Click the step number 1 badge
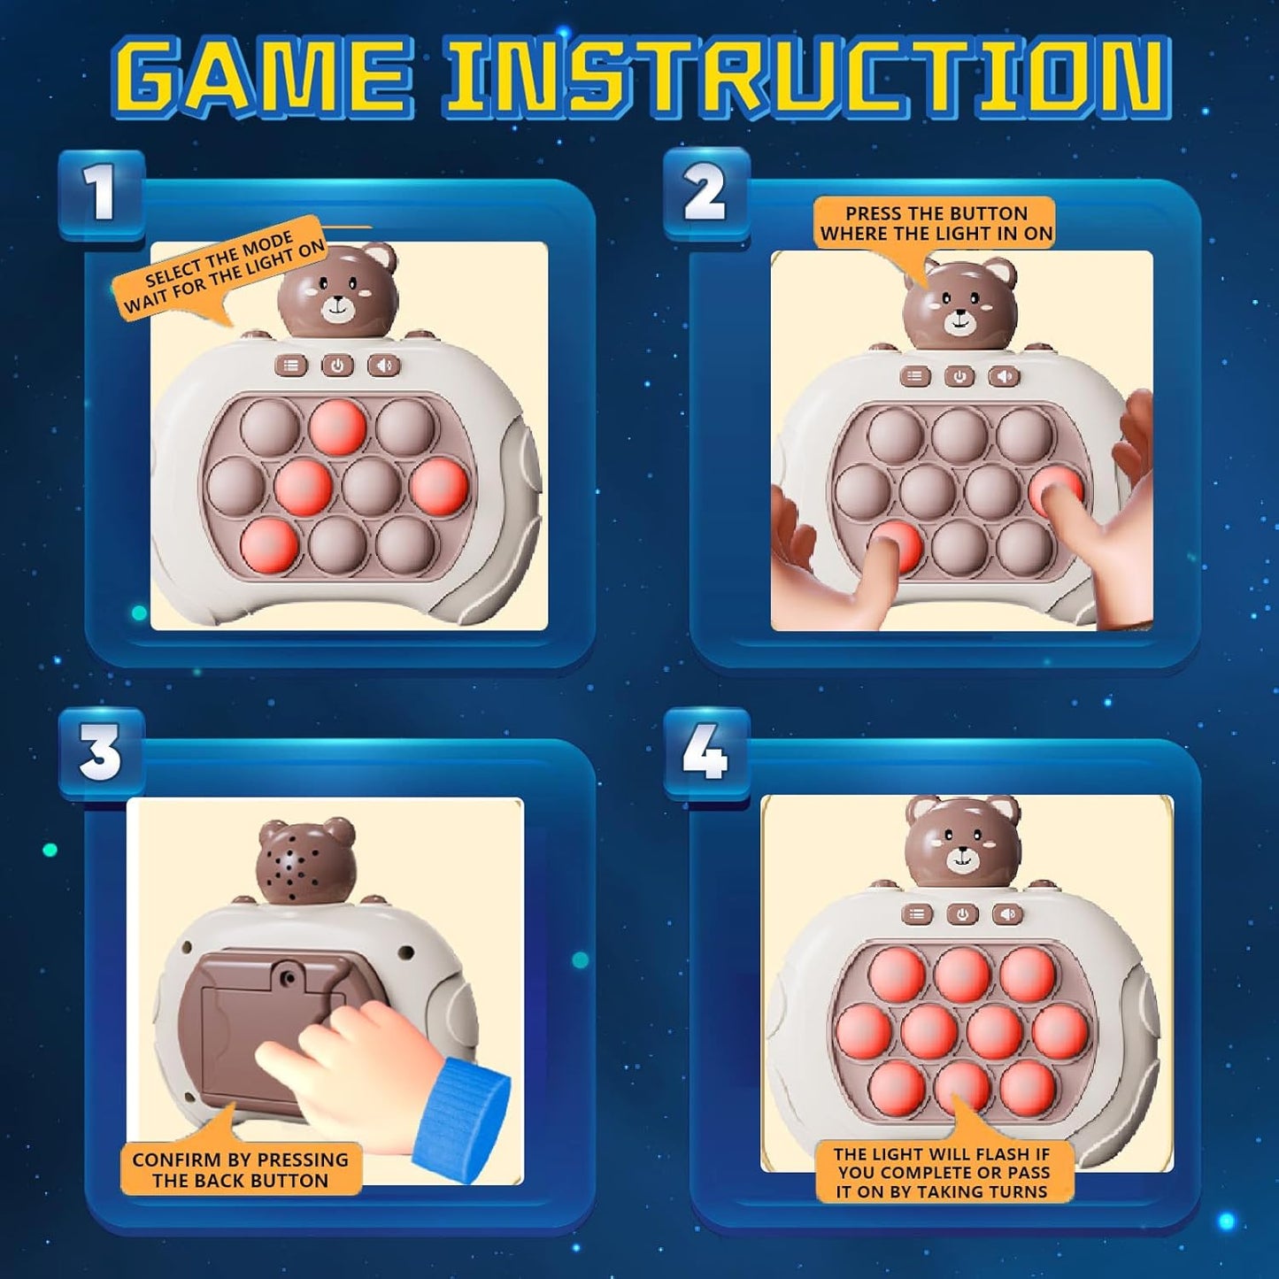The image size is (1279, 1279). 101,194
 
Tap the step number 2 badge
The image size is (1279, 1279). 705,194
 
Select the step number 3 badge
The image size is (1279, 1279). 101,753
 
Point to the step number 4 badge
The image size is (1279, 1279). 705,753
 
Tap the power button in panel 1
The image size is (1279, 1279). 337,366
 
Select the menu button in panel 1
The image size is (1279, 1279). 290,366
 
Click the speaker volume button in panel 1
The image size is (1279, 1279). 383,366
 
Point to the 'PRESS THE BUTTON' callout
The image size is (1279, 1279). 936,223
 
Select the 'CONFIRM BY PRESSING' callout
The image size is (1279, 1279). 241,1169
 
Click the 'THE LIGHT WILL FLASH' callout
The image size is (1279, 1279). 941,1172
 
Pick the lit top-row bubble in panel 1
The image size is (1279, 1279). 337,425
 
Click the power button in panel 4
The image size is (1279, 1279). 962,914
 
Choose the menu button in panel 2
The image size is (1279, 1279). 914,376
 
